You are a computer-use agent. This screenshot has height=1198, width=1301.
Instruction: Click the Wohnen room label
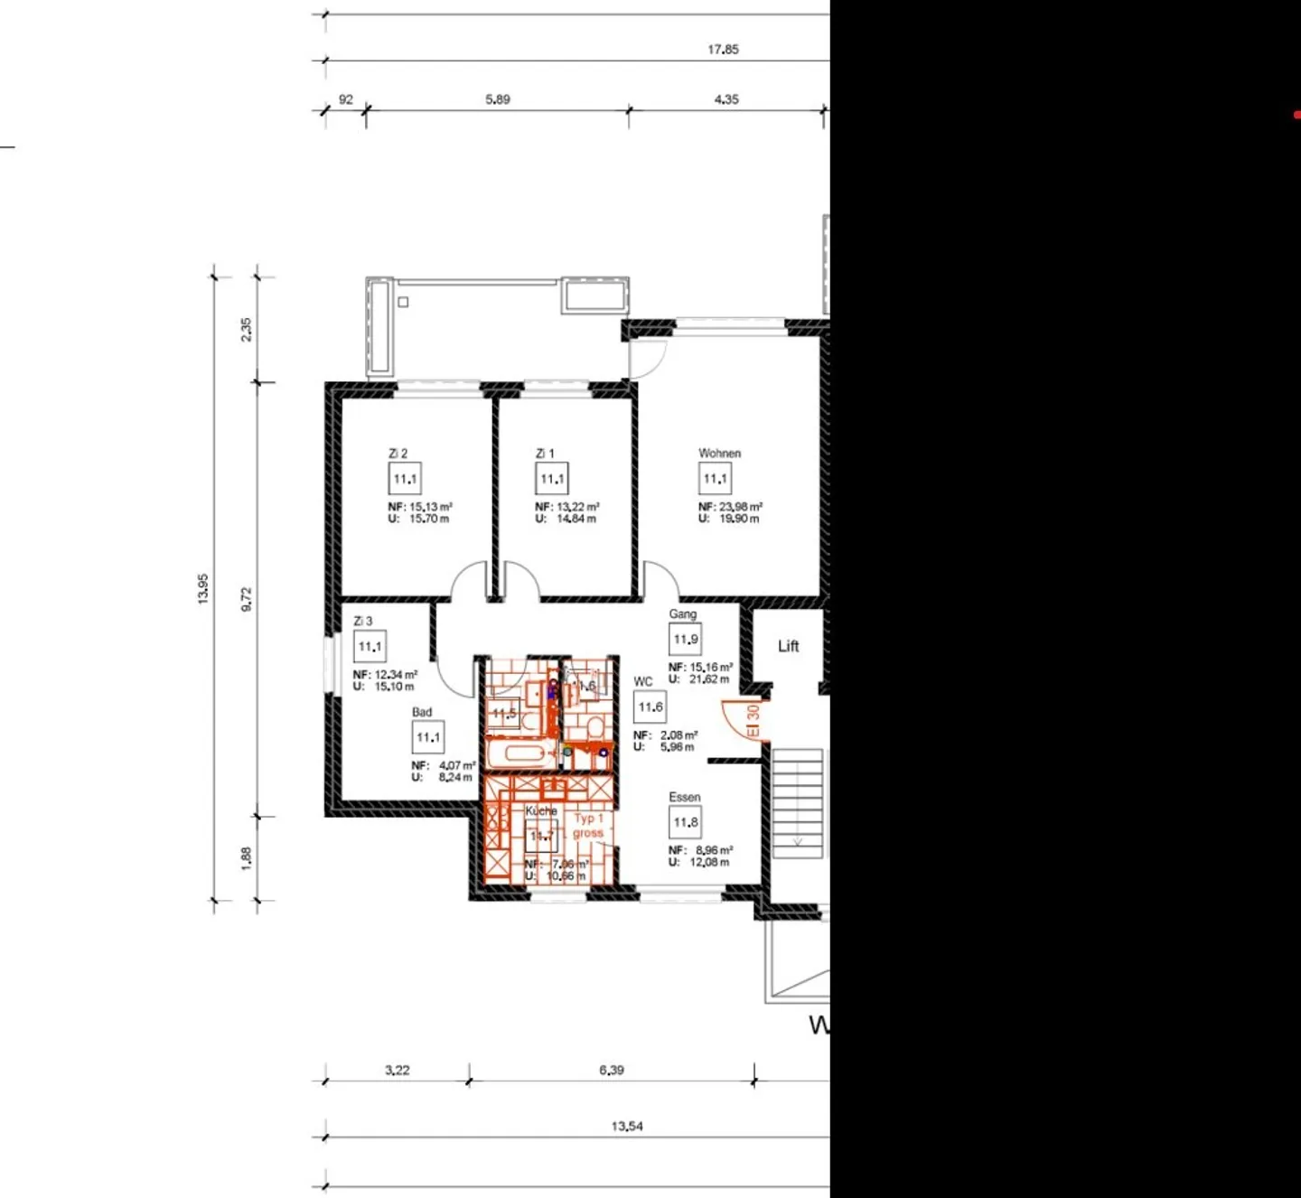(719, 454)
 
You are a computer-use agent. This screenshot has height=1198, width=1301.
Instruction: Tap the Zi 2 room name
(398, 454)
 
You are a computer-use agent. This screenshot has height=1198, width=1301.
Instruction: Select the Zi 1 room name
(545, 454)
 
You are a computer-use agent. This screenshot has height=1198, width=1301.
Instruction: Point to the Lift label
(789, 646)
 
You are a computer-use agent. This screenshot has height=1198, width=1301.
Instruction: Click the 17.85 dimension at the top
(723, 50)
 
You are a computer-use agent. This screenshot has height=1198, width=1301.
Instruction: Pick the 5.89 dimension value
(498, 99)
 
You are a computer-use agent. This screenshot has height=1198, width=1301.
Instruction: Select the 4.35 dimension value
(726, 99)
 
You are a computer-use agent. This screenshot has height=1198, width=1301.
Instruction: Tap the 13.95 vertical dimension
(203, 589)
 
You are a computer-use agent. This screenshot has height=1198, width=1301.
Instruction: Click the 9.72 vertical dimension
(247, 599)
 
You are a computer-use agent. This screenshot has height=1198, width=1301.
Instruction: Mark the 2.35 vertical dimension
(247, 329)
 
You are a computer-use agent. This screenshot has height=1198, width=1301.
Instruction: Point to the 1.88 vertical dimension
(247, 857)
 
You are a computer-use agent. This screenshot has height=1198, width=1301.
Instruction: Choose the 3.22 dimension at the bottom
(398, 1071)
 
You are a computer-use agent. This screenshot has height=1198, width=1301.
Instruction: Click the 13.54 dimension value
(627, 1127)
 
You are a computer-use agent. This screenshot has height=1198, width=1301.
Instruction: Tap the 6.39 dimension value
(612, 1071)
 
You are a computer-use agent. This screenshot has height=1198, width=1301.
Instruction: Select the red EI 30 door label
(753, 720)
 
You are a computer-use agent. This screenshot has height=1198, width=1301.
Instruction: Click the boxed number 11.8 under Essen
(686, 822)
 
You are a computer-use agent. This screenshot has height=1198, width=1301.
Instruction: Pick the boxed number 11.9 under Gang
(686, 640)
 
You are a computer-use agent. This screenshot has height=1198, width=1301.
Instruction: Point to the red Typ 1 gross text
(587, 826)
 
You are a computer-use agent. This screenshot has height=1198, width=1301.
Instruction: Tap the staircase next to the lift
(798, 802)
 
